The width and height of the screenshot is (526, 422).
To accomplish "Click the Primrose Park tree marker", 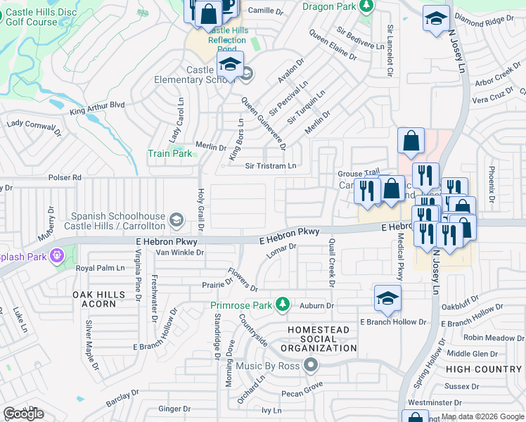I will coord(282,305).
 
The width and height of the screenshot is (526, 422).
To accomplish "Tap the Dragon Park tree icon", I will coord(365,6).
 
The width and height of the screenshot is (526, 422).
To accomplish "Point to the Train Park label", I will coord(169,153).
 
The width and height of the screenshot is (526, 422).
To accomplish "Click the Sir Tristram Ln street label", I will coord(271,166).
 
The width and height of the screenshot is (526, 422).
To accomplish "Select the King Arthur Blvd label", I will coord(97,108).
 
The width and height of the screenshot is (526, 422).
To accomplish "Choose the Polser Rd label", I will coord(65,178).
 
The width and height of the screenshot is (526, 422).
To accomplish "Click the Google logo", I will coord(23,414).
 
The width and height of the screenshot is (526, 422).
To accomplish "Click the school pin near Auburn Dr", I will coord(387,298).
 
